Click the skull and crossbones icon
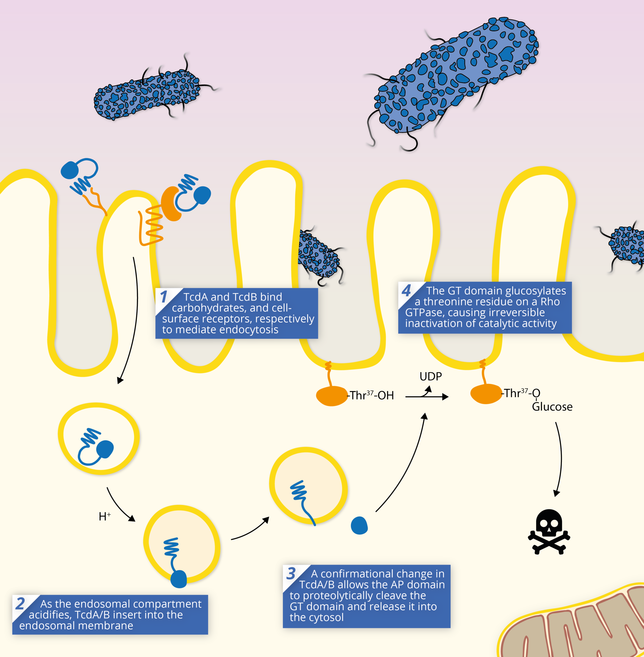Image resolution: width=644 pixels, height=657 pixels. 549,532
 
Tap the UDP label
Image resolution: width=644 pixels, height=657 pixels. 430,376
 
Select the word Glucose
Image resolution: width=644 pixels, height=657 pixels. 552,407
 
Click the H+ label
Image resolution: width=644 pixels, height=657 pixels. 105,516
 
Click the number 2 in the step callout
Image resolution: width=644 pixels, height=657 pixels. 20,604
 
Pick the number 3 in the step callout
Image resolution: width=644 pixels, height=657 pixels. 291,574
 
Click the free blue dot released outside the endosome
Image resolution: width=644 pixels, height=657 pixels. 359,525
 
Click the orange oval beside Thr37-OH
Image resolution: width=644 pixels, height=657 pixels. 332,396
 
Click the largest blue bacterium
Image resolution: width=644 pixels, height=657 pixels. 455,76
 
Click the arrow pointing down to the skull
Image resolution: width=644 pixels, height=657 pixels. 559,459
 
